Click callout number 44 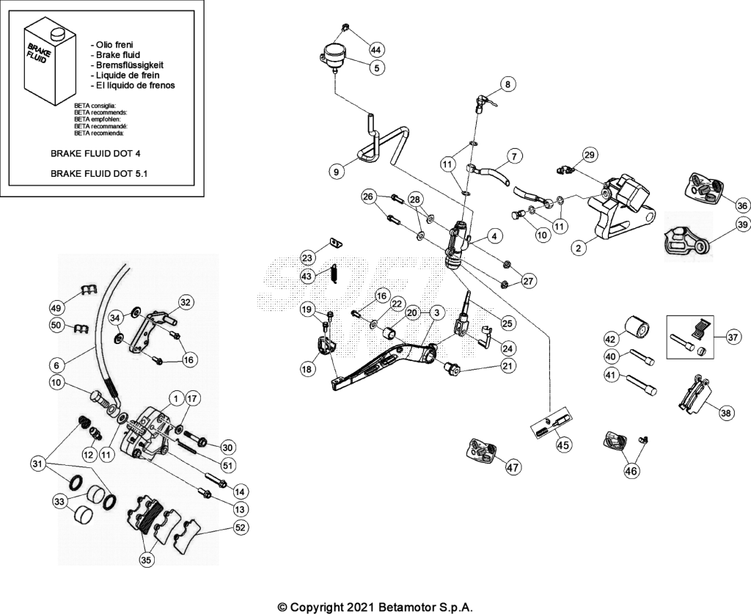pyautogui.click(x=378, y=49)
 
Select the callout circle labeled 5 pyautogui.click(x=377, y=68)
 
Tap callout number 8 pyautogui.click(x=508, y=85)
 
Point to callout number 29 pyautogui.click(x=590, y=155)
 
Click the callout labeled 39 pyautogui.click(x=742, y=224)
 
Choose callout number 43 pyautogui.click(x=307, y=277)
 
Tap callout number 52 pyautogui.click(x=240, y=527)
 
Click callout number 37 pyautogui.click(x=733, y=337)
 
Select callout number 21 pyautogui.click(x=508, y=366)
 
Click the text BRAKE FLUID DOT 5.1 pyautogui.click(x=99, y=173)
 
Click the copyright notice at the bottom pyautogui.click(x=375, y=607)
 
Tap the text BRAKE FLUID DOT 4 pyautogui.click(x=96, y=154)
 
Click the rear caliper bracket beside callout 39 pyautogui.click(x=686, y=244)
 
